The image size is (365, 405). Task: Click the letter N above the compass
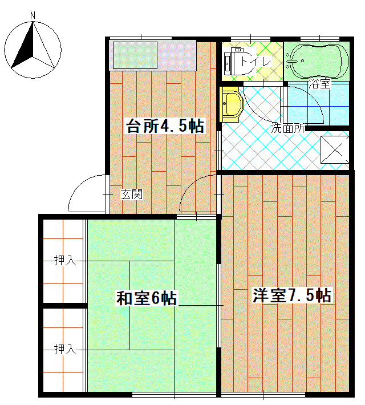[x=33, y=15]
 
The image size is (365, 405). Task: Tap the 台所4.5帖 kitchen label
[x=165, y=126]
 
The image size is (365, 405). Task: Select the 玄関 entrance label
[x=132, y=195]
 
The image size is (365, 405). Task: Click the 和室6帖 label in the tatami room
[x=147, y=298]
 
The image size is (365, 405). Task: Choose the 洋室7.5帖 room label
[x=292, y=295]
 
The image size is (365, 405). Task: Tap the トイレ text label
[x=256, y=62]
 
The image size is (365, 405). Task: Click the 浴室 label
[x=320, y=83]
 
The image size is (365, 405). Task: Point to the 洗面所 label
[x=288, y=128]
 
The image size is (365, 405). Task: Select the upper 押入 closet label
[x=65, y=260]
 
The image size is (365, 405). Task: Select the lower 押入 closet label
[x=65, y=350]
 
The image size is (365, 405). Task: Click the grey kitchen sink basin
[x=135, y=55]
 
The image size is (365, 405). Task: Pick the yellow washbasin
[x=232, y=104]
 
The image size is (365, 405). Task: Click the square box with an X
[x=335, y=149]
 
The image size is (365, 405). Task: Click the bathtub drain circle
[x=302, y=61]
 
